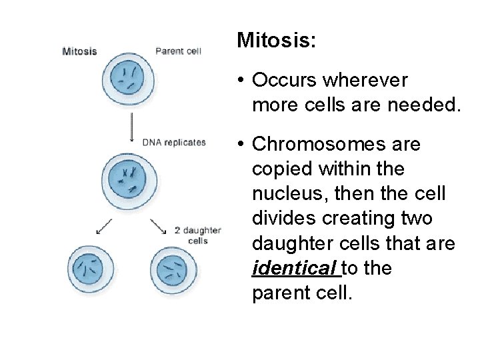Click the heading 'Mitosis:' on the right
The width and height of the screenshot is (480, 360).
276,41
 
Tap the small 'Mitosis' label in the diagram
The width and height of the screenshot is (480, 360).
79,51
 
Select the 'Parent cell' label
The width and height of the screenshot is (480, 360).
178,51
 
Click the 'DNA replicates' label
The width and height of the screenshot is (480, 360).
174,142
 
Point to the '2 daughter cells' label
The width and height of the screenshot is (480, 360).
197,235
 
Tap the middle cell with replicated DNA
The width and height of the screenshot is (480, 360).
131,178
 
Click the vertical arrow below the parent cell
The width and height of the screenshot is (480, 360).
131,126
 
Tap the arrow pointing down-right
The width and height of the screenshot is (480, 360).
159,227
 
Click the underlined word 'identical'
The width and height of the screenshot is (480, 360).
296,269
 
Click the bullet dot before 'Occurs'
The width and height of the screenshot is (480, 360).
238,81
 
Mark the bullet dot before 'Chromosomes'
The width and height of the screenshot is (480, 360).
238,144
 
